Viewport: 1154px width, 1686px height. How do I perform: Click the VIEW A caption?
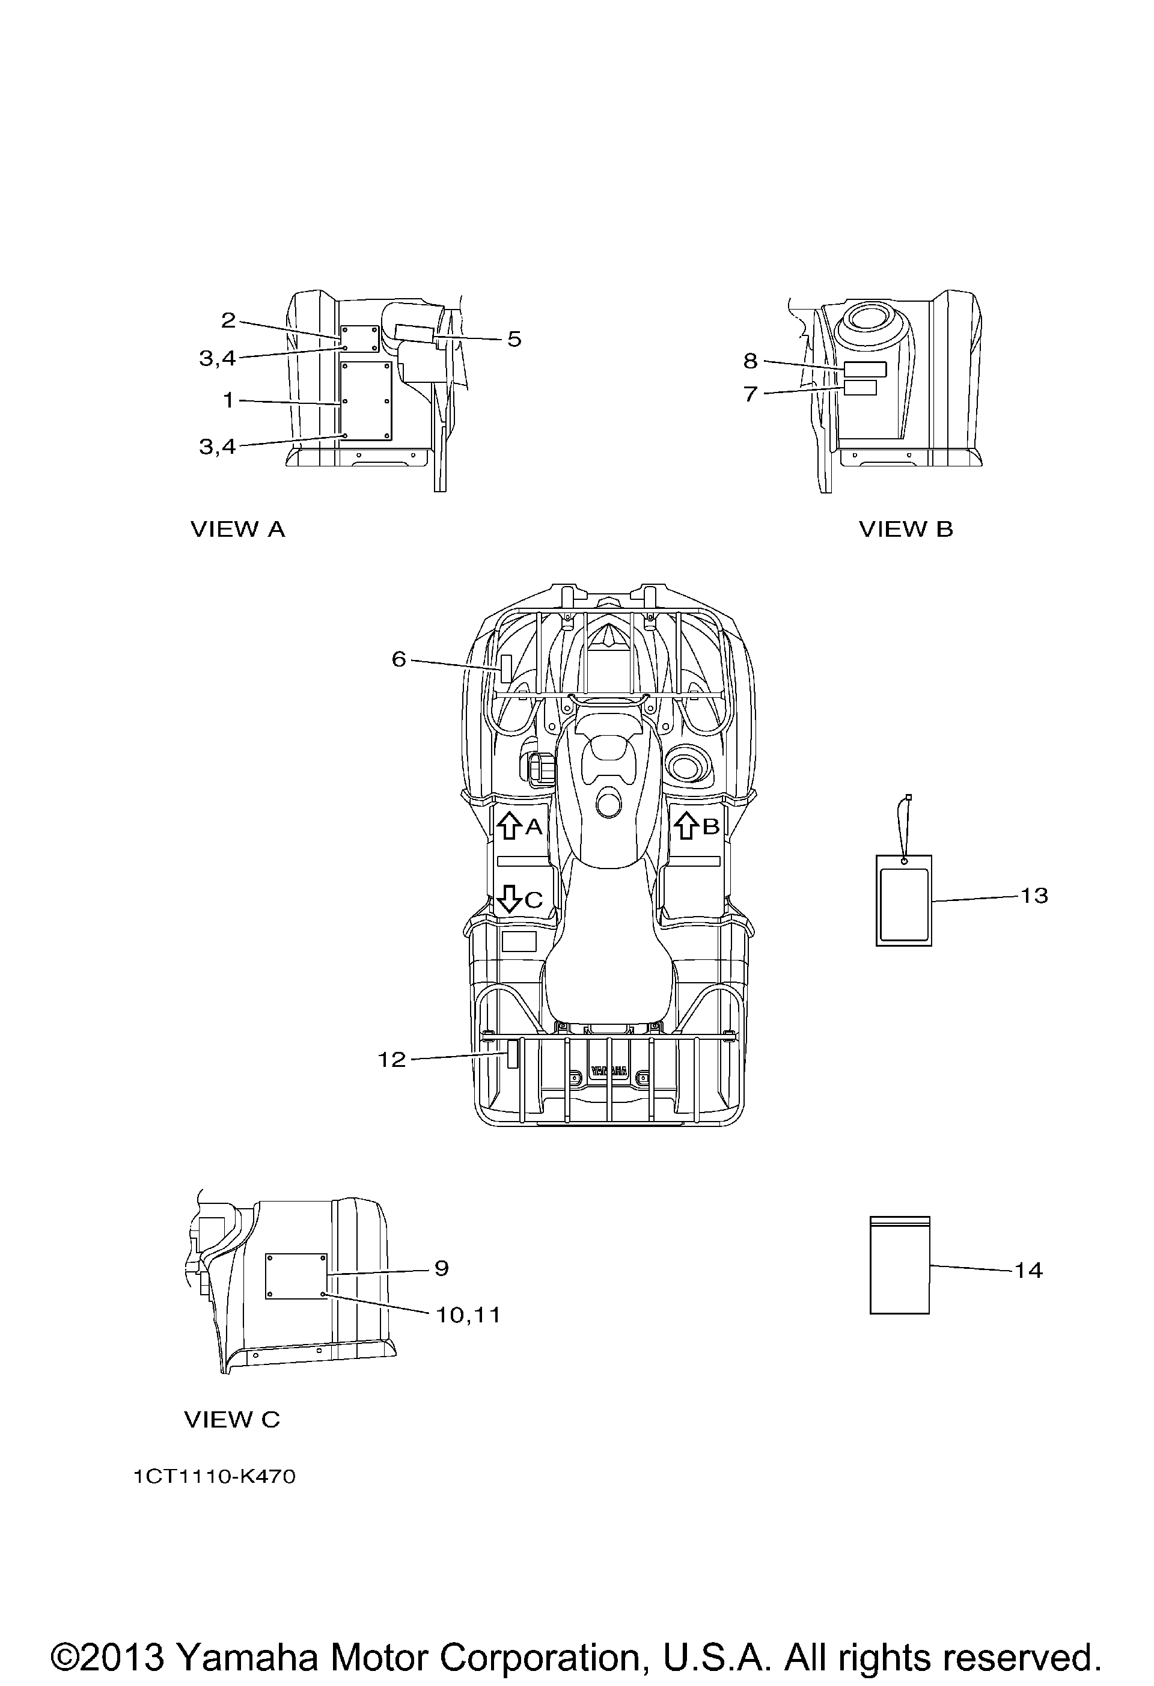point(238,530)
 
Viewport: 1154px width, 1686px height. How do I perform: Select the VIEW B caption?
point(906,530)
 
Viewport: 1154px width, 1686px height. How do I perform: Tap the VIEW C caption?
point(232,1420)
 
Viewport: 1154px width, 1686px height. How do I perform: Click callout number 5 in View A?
point(514,340)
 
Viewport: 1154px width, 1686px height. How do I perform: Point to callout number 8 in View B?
point(751,361)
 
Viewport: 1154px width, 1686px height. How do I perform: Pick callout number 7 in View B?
point(751,394)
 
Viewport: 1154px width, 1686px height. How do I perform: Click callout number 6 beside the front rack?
point(399,659)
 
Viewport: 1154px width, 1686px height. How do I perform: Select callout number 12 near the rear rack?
point(392,1060)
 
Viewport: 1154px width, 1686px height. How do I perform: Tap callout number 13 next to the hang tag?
point(1034,896)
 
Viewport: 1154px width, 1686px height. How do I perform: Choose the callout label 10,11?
point(468,1315)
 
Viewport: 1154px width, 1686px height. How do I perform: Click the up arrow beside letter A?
point(509,826)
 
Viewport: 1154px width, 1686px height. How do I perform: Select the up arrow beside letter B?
point(686,826)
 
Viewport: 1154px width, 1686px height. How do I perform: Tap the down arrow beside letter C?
point(509,900)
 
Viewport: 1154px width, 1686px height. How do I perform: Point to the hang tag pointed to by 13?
point(904,900)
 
